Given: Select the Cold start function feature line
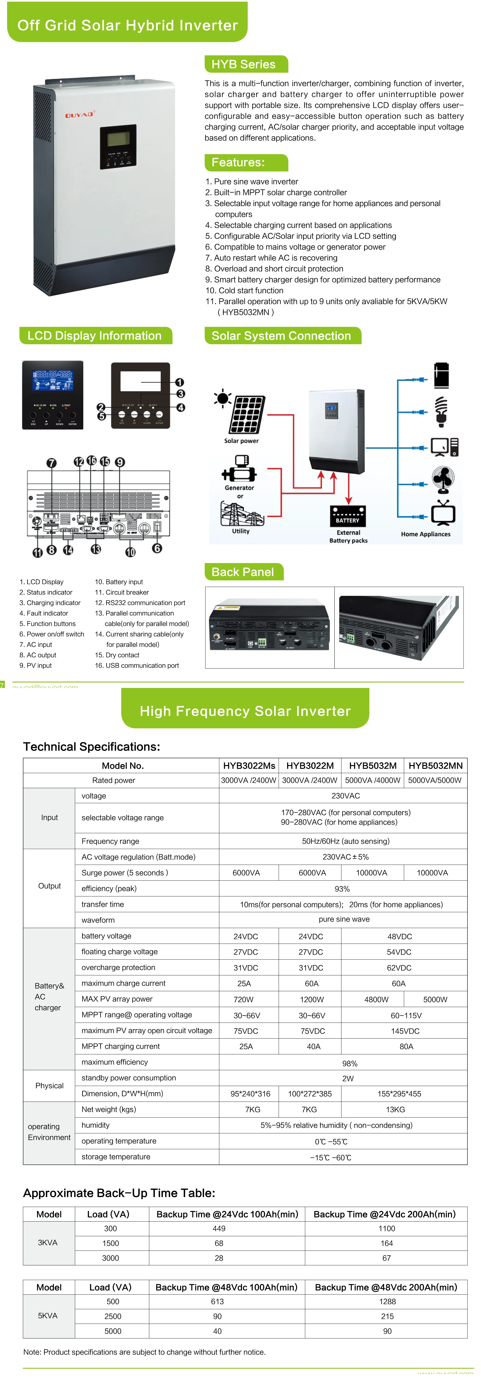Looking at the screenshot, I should click(x=244, y=290).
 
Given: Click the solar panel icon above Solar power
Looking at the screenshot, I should click(x=247, y=415).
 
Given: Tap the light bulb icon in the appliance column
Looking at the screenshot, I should click(x=441, y=411).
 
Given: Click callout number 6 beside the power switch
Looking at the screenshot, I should click(x=157, y=548).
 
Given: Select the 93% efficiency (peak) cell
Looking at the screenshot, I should click(x=342, y=889).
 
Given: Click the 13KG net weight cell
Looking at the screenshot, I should click(x=395, y=1109).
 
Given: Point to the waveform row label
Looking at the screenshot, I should click(x=98, y=920).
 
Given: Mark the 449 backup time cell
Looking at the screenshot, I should click(x=219, y=1228).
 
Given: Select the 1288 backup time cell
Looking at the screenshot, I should click(x=387, y=1301).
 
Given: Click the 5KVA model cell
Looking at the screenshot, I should click(x=48, y=1316).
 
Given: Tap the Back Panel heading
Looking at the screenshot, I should click(x=243, y=572).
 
